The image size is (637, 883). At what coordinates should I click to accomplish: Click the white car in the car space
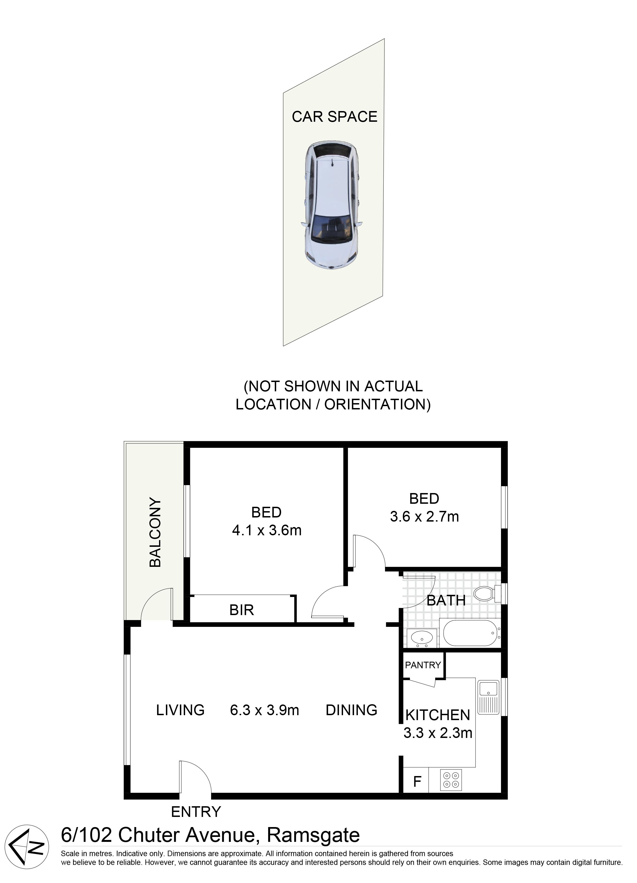(x=331, y=205)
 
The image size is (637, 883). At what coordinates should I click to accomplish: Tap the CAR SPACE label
(x=335, y=117)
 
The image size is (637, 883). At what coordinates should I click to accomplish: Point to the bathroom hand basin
(x=422, y=638)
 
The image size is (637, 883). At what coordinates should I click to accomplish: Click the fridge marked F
(x=417, y=781)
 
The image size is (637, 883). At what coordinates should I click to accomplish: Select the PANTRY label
(x=423, y=665)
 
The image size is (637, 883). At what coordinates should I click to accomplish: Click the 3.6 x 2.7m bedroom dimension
(x=424, y=517)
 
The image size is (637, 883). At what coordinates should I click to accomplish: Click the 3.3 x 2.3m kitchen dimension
(x=438, y=733)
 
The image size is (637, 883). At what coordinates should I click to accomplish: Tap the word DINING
(x=351, y=710)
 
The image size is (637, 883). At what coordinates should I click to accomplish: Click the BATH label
(x=446, y=600)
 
